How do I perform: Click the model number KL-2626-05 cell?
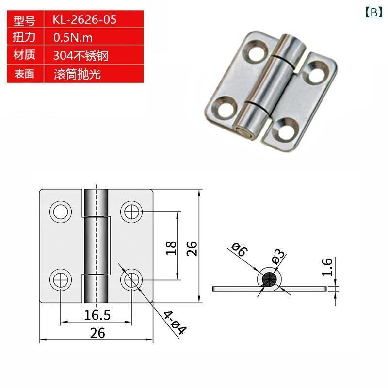click(x=84, y=19)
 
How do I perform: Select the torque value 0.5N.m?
click(x=73, y=38)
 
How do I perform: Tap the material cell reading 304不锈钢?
click(x=81, y=55)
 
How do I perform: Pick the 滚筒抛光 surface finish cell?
click(x=77, y=74)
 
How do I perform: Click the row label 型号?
click(x=24, y=20)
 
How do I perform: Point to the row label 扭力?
click(x=24, y=37)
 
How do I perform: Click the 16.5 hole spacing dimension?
click(x=97, y=315)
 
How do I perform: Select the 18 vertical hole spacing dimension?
click(x=171, y=248)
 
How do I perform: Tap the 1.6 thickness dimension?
click(x=327, y=267)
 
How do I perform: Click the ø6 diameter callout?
click(x=239, y=249)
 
